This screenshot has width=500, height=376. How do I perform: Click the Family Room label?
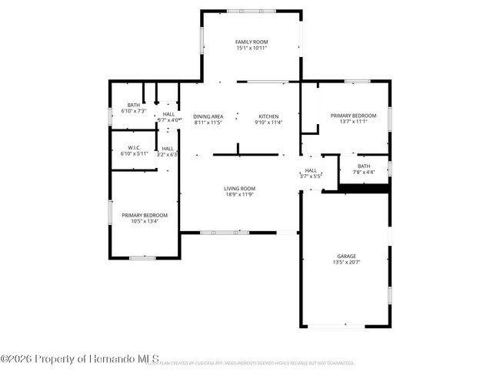[x=252, y=42]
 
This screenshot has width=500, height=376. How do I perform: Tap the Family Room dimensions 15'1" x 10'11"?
[x=252, y=49]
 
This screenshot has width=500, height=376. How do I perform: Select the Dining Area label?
[x=208, y=116]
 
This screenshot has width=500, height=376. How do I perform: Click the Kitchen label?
[x=268, y=116]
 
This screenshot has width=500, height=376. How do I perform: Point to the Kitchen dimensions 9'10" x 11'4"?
[x=268, y=123]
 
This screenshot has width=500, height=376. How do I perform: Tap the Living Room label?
[x=240, y=189]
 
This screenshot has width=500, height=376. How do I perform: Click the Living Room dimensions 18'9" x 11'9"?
[x=240, y=195]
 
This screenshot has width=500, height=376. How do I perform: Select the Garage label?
[x=346, y=256]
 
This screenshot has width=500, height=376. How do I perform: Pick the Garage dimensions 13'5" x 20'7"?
[x=346, y=263]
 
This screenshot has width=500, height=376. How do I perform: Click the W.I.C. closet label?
[x=134, y=147]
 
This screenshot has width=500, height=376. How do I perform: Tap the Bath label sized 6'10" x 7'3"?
[x=134, y=105]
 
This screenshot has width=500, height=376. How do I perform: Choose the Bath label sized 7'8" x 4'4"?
[x=364, y=166]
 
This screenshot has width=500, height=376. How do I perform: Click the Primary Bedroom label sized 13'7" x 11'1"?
[x=353, y=116]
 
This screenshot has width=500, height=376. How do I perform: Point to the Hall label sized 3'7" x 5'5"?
[x=311, y=170]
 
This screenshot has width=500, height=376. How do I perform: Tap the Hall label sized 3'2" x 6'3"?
[x=168, y=148]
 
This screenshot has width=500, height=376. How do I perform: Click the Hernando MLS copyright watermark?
[x=80, y=358]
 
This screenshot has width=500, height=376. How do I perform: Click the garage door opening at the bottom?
[x=337, y=327]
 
